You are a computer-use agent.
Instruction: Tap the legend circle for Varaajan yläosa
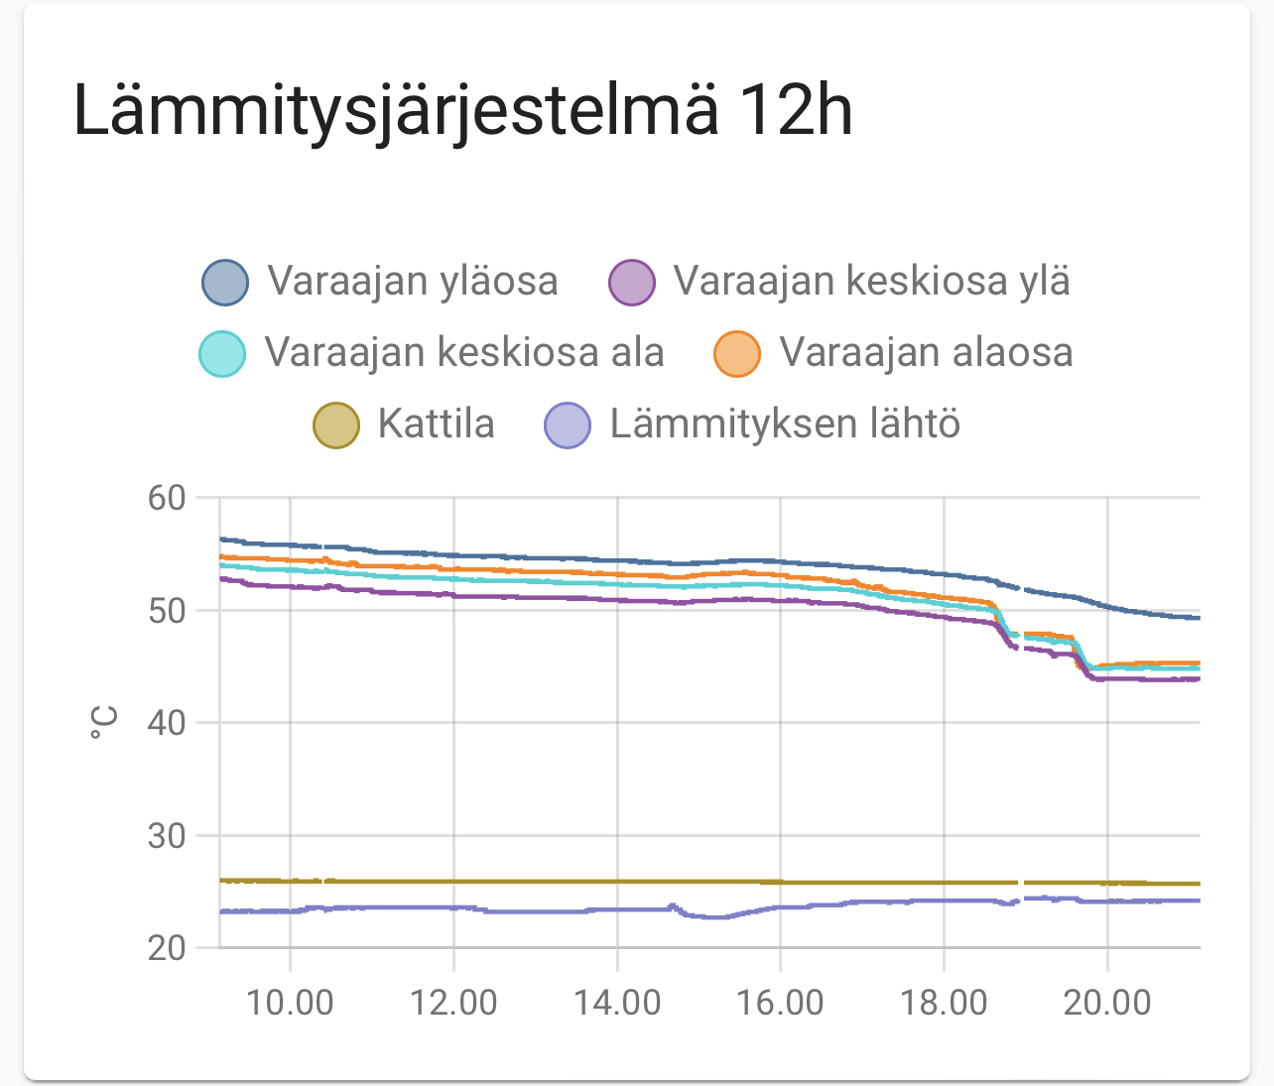(x=225, y=282)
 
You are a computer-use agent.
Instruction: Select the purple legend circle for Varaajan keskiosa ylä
(x=632, y=282)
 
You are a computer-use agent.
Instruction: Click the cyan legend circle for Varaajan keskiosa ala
(x=222, y=353)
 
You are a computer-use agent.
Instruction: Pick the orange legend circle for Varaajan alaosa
(x=737, y=353)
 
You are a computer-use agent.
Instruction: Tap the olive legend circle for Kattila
(x=336, y=424)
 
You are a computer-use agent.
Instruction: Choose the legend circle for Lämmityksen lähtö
(x=568, y=424)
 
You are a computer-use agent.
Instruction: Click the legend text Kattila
(x=436, y=424)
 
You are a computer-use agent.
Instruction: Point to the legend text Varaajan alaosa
(x=926, y=353)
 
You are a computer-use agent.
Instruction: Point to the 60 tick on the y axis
(x=167, y=498)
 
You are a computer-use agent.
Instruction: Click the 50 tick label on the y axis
(x=167, y=610)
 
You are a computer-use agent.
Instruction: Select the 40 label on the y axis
(x=167, y=723)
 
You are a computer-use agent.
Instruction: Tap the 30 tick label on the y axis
(x=167, y=835)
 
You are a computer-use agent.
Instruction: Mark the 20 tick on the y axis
(x=167, y=948)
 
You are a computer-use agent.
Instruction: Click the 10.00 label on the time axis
(x=290, y=1002)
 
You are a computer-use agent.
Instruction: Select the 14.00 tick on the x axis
(x=617, y=1002)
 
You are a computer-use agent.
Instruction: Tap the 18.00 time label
(x=944, y=1002)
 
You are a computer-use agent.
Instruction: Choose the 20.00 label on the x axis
(x=1107, y=1002)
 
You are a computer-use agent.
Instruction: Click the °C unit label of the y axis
(x=103, y=722)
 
